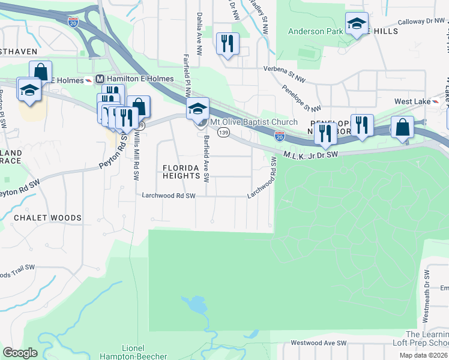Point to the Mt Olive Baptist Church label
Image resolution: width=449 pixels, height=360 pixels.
(x=253, y=122)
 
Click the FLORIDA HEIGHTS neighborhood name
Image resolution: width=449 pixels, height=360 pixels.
(x=181, y=171)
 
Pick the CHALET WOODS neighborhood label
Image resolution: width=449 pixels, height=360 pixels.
(x=47, y=217)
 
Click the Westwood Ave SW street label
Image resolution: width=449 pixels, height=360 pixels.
(x=319, y=343)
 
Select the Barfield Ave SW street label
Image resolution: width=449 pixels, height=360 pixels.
(x=206, y=158)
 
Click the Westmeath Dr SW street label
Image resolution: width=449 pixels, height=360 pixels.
(x=426, y=295)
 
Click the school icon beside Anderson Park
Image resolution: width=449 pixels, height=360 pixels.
(x=357, y=24)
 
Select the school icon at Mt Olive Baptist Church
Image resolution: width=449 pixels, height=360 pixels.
(x=197, y=110)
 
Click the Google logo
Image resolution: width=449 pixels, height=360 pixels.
(x=20, y=353)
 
